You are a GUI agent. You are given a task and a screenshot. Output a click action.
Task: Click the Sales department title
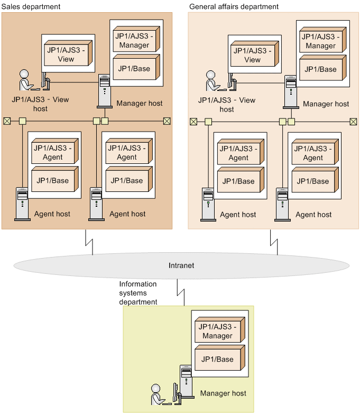point(31,6)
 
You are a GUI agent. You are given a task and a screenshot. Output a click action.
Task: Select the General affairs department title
point(233,6)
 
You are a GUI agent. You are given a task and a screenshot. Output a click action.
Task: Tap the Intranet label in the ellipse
point(181,265)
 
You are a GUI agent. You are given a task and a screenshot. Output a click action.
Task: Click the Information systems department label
point(138,293)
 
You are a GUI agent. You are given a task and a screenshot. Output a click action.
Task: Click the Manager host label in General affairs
point(326,104)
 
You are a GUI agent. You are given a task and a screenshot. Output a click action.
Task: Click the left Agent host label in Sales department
point(52,214)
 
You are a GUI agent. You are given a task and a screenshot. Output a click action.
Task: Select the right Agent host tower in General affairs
point(282,204)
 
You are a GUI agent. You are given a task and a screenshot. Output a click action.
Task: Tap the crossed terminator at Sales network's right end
point(167,121)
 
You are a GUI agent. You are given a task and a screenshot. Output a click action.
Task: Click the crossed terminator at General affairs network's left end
point(193,122)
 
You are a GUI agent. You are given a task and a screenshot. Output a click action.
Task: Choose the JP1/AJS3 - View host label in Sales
point(40,104)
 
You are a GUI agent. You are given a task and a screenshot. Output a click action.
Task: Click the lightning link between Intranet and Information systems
point(180,292)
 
